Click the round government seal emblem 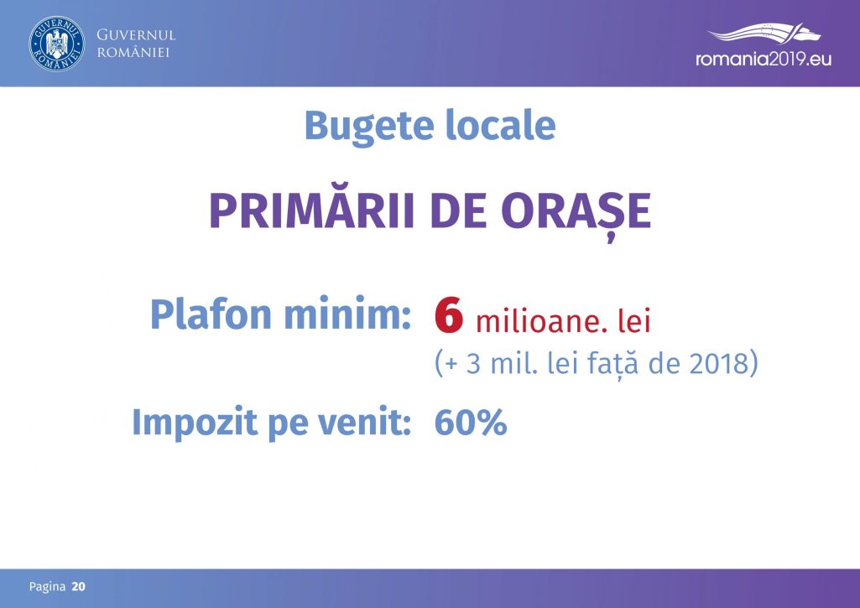click(x=57, y=44)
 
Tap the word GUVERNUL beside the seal click(x=136, y=35)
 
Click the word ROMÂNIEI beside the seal click(x=133, y=53)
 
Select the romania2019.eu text click(x=764, y=59)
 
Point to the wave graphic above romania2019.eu click(x=764, y=33)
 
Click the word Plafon click(x=211, y=314)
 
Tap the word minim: click(x=347, y=314)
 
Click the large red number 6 click(x=449, y=315)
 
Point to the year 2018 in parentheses click(x=719, y=363)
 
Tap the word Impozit click(x=195, y=424)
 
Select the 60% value click(x=471, y=423)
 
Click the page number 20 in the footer click(x=78, y=587)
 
